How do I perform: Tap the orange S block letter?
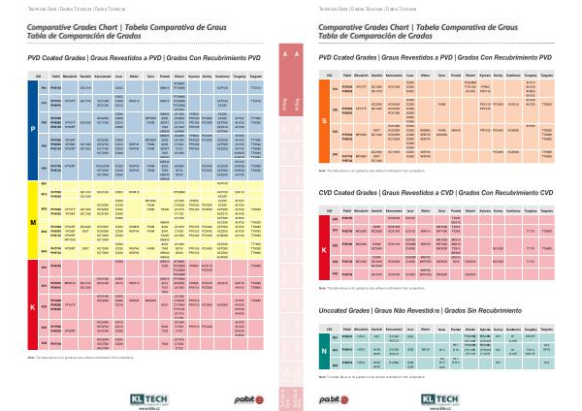click(x=324, y=121)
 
